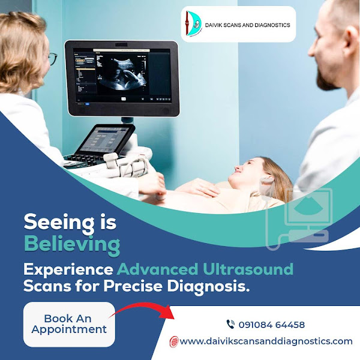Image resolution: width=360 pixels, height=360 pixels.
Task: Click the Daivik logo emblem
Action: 193,23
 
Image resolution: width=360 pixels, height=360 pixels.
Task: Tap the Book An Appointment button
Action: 69,324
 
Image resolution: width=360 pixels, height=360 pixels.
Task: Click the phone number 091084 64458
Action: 272,325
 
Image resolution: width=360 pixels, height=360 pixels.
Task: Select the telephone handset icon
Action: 230,324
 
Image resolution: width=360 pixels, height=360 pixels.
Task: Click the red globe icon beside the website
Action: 174,341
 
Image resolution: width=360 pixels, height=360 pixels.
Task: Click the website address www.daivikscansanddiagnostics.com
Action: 266,341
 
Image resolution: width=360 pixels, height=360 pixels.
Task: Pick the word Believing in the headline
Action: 72,245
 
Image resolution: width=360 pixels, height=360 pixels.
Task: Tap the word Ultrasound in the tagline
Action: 248,269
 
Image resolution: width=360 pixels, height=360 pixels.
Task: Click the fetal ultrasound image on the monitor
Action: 121,74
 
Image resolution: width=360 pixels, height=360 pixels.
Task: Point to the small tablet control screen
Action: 106,139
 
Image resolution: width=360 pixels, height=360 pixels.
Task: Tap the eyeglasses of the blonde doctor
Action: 53,58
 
